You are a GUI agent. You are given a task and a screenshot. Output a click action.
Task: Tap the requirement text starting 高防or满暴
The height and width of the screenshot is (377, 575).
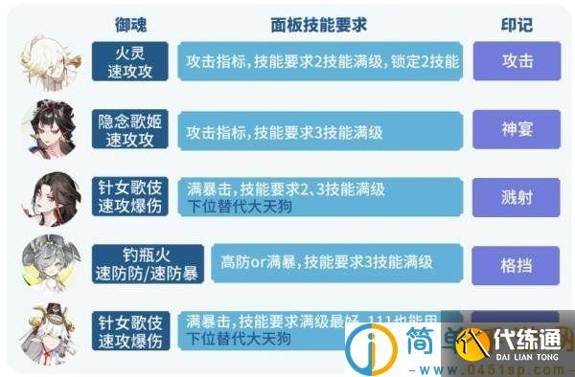tap(327, 261)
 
